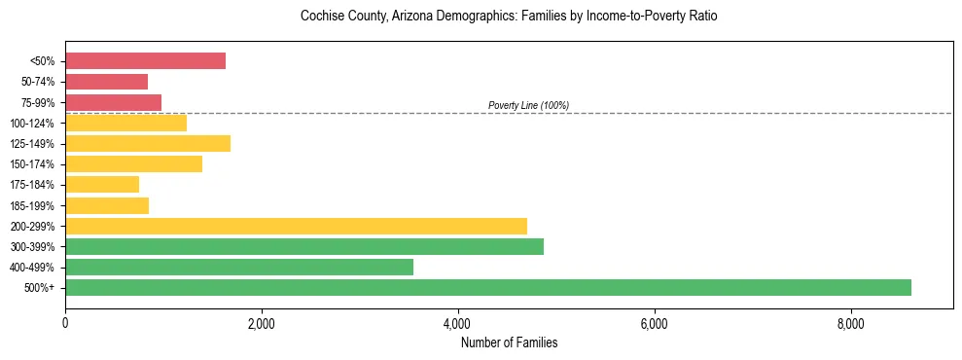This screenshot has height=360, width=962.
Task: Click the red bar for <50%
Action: (145, 61)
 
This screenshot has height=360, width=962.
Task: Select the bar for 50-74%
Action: (106, 82)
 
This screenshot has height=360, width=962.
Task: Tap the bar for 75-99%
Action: (113, 102)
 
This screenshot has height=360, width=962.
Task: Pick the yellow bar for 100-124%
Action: (125, 123)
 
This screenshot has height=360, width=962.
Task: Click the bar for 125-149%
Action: (148, 144)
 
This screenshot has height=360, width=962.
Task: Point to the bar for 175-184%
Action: (102, 185)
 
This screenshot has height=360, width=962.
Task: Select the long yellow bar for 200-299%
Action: (296, 226)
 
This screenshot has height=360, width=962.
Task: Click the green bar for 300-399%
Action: (304, 246)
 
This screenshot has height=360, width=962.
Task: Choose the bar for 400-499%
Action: (239, 267)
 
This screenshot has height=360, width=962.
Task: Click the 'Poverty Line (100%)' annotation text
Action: (528, 105)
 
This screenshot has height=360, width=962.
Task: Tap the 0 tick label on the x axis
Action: (65, 325)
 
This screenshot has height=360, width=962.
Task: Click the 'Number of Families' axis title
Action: (509, 343)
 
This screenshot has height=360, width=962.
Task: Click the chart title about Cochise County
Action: (509, 17)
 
